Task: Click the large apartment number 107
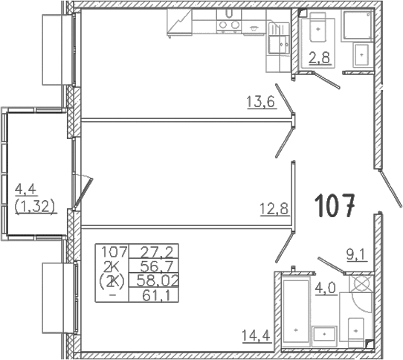click(335, 206)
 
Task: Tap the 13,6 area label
click(261, 102)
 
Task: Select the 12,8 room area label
click(275, 209)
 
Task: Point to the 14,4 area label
click(257, 335)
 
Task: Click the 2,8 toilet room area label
click(320, 58)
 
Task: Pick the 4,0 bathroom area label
click(326, 288)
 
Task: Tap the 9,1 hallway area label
click(358, 256)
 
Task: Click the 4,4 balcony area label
click(25, 190)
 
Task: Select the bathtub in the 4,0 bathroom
click(296, 311)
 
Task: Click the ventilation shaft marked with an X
click(361, 283)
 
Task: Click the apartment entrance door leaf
click(390, 188)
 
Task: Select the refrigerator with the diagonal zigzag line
click(179, 23)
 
